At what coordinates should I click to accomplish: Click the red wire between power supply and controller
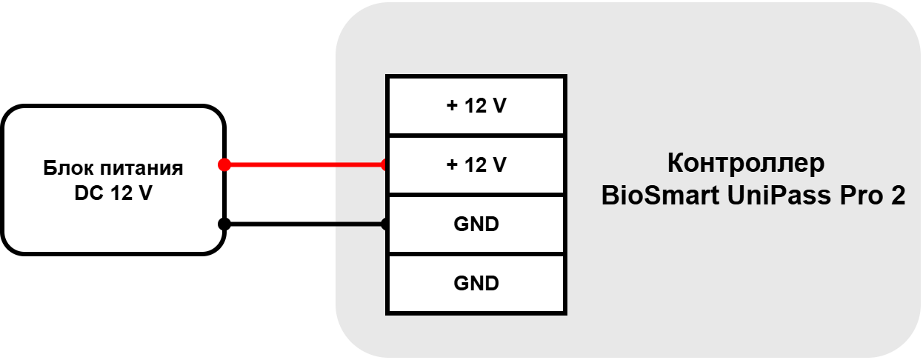tap(305, 164)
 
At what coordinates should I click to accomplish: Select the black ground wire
tap(305, 224)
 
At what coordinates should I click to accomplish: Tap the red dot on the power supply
tap(224, 164)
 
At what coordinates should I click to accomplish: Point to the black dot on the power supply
tap(224, 224)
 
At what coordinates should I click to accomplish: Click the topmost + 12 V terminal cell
tap(476, 106)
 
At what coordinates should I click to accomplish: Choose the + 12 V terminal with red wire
tap(476, 164)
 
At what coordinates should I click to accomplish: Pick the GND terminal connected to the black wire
tap(476, 224)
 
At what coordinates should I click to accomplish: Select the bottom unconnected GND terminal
tap(476, 284)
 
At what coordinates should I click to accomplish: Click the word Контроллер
tap(746, 163)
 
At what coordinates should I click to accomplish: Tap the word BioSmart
tap(660, 195)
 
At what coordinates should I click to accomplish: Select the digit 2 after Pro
tap(899, 195)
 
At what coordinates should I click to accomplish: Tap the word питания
tap(141, 169)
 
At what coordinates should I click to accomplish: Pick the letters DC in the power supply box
tap(89, 193)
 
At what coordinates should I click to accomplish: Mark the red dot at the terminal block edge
tap(384, 164)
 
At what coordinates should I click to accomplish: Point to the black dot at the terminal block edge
tap(384, 224)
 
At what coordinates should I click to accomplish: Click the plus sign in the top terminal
tap(452, 106)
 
